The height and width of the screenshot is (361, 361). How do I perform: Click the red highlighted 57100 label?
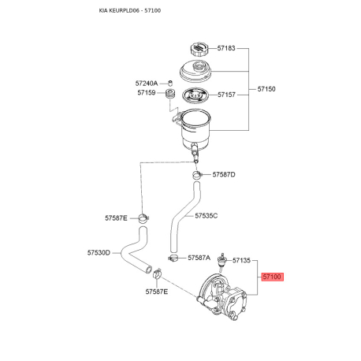[272, 277]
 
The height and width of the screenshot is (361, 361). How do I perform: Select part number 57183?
[226, 49]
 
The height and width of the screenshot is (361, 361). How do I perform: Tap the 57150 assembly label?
[266, 89]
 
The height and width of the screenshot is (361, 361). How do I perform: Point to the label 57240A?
[146, 83]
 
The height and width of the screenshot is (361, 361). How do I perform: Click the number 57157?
[226, 95]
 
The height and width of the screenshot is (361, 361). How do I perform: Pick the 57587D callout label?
[223, 174]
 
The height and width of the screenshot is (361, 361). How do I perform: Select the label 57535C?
[206, 215]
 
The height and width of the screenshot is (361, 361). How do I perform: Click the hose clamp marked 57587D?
[197, 173]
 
